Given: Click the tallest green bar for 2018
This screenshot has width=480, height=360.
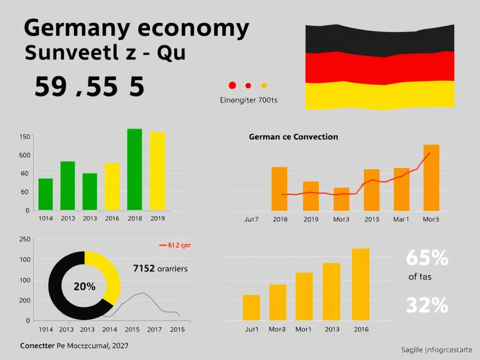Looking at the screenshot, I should click(x=135, y=169).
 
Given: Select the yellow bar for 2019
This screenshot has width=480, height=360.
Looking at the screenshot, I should click(x=157, y=171).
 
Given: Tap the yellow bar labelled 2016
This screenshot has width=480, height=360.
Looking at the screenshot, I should click(x=112, y=186).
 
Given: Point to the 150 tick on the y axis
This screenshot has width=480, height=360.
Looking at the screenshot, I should click(x=24, y=137).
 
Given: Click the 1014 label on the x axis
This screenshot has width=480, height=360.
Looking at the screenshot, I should click(x=45, y=218).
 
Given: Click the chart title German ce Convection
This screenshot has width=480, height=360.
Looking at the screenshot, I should click(x=293, y=137).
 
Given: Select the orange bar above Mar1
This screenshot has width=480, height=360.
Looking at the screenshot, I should click(x=401, y=189).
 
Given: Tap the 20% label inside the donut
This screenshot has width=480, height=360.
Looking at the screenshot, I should click(x=84, y=286).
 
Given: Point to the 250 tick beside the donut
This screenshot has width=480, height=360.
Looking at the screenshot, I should click(x=24, y=239).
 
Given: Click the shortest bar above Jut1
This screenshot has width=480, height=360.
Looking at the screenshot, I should click(x=251, y=307).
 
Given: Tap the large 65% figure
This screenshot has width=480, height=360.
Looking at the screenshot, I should click(x=427, y=258).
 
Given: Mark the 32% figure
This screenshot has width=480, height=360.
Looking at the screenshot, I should click(x=427, y=306).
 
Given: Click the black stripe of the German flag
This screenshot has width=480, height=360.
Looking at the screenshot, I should click(x=380, y=40).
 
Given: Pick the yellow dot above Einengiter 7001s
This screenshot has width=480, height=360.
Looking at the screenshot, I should click(x=264, y=85).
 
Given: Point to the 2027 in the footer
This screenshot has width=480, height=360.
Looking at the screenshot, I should click(x=120, y=345).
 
